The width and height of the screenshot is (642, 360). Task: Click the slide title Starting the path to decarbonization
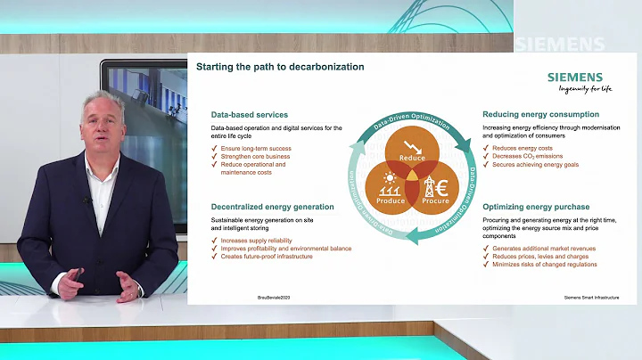point(279,67)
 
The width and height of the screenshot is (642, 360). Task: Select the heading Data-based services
point(249,115)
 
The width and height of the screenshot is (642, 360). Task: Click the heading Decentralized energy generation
point(272,207)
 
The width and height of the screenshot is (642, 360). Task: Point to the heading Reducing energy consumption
point(540,115)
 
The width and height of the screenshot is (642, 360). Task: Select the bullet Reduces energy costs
point(523,149)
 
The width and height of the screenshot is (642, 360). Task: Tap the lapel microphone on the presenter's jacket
point(87,200)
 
